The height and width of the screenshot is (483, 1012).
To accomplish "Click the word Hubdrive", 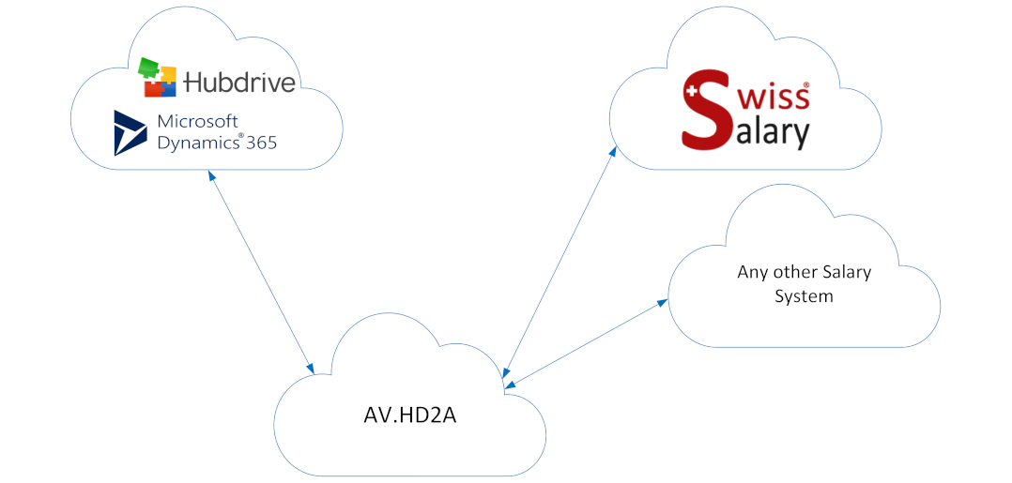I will (x=239, y=83).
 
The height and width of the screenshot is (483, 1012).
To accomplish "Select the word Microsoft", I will (x=197, y=122).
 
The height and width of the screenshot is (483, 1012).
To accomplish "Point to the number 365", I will (x=262, y=143).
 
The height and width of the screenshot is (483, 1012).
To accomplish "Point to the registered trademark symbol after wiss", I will (x=805, y=84).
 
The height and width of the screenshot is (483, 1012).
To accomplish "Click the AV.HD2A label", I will (x=409, y=415).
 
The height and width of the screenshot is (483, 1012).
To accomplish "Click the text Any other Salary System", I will (x=804, y=283).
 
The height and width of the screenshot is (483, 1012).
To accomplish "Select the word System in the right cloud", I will (x=804, y=296).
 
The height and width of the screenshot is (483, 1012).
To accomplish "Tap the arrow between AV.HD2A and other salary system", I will (x=587, y=342).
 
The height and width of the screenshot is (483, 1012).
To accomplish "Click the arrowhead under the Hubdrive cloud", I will (x=211, y=175).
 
